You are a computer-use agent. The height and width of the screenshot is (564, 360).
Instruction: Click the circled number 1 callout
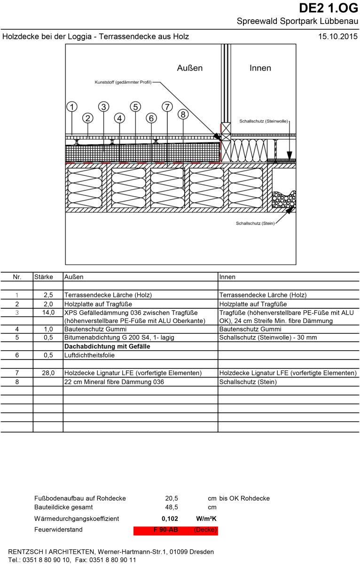(x=72, y=107)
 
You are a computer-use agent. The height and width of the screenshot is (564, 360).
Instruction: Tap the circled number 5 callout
(x=135, y=107)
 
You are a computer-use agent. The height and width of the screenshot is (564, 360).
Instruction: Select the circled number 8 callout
(x=183, y=114)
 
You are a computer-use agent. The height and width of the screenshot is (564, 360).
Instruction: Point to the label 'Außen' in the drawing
(x=189, y=68)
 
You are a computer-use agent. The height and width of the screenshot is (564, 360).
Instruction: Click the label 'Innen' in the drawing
(x=260, y=68)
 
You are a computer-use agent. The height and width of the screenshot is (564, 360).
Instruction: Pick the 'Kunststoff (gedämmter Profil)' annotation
(x=123, y=82)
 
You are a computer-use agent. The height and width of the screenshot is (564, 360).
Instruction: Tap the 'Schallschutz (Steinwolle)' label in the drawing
(x=263, y=121)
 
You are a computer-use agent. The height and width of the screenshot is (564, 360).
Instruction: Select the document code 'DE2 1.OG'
(x=329, y=8)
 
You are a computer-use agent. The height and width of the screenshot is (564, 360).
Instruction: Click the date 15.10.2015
(x=338, y=36)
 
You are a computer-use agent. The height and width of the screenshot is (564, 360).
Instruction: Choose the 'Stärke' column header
(x=44, y=277)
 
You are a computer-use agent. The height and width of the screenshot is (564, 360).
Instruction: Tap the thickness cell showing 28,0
(x=48, y=373)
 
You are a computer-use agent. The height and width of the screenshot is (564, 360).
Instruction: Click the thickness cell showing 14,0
(x=48, y=312)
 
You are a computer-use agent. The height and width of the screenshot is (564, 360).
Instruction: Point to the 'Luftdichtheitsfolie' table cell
(x=89, y=355)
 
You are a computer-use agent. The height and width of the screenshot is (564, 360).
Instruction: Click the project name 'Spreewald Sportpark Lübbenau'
(x=297, y=22)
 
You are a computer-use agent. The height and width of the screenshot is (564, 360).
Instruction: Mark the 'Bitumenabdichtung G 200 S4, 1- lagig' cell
(x=119, y=338)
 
